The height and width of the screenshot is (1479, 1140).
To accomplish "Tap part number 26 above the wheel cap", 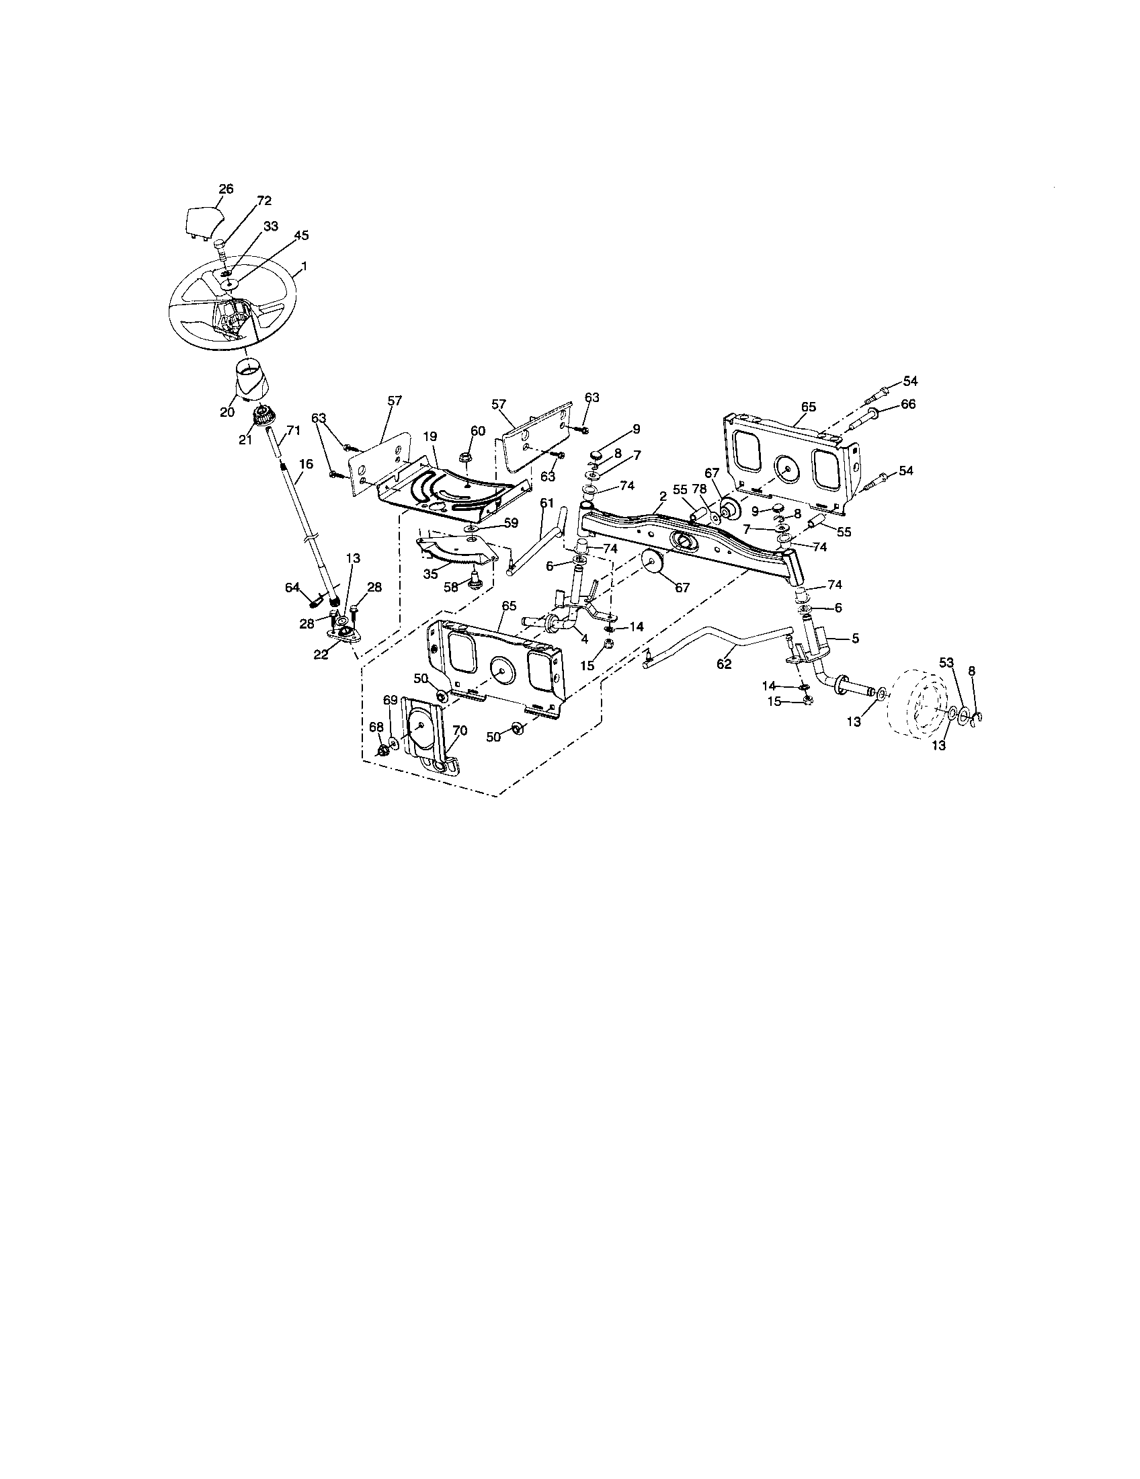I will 226,189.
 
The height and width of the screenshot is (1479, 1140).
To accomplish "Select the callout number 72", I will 264,201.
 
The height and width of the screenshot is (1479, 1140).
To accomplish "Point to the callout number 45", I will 301,236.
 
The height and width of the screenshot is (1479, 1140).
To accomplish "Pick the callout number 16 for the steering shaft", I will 306,464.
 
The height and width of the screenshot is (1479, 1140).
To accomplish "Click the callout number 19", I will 431,438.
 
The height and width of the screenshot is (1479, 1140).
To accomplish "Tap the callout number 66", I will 908,403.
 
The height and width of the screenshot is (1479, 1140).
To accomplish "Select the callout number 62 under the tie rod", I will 725,664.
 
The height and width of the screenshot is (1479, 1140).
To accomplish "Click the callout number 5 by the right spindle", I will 854,637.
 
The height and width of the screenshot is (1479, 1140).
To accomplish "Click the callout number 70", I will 460,731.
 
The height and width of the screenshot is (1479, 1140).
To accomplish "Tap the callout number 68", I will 376,727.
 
